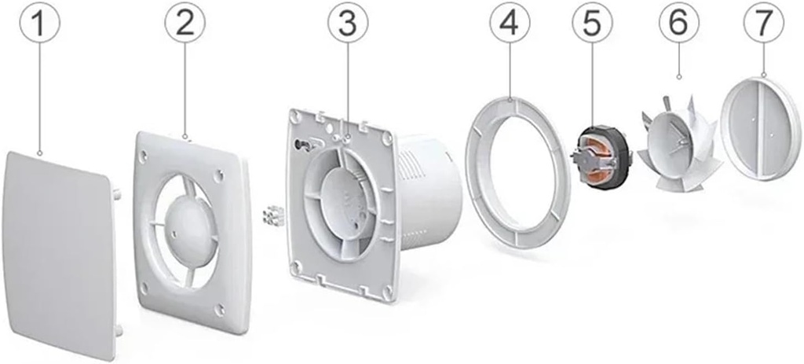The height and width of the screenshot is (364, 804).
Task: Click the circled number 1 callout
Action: [40, 23]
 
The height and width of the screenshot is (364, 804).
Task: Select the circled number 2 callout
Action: [185, 23]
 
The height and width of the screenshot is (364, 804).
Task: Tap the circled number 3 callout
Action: [348, 23]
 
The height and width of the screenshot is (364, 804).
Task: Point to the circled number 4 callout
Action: [510, 23]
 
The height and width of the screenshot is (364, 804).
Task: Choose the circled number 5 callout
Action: [592, 23]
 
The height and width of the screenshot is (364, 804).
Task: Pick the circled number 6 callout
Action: [679, 23]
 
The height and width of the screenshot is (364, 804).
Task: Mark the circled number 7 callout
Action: [764, 23]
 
